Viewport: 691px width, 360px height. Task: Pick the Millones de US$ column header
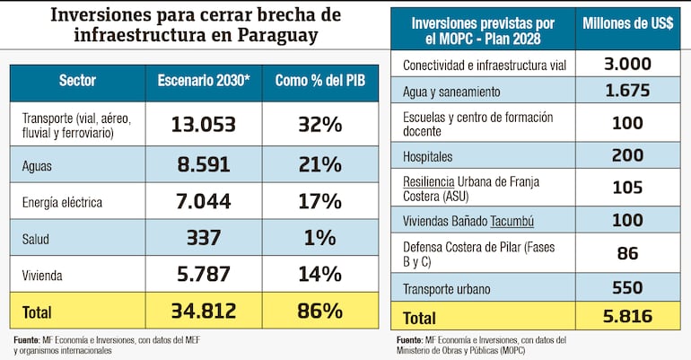coord(628,23)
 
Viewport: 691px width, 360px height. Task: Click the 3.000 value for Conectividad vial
coord(627,65)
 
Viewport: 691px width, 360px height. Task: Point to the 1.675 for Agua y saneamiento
coord(627,92)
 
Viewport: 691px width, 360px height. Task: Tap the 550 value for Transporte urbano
coord(627,287)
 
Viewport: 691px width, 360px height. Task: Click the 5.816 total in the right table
coord(627,317)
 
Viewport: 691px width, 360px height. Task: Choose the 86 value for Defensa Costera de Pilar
coord(627,254)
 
